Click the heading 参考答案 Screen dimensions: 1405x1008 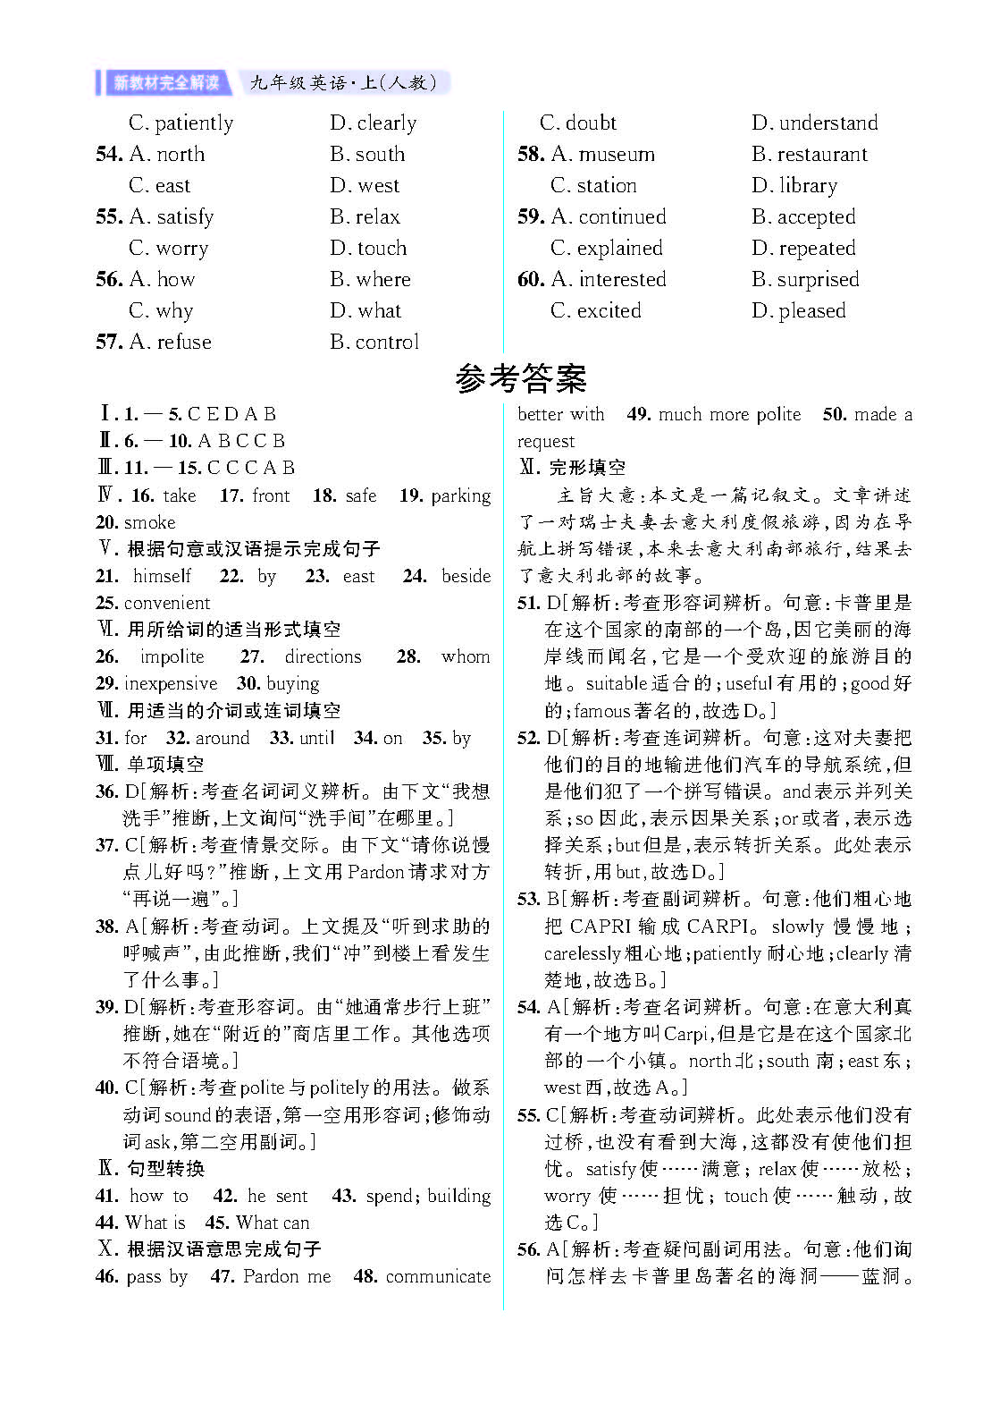point(521,379)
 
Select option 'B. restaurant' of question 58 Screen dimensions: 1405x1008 point(810,154)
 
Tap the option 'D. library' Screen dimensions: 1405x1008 point(794,185)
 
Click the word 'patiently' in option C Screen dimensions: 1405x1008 point(194,123)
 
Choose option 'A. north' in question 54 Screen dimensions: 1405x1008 point(167,154)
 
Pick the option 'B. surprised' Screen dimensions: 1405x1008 point(805,279)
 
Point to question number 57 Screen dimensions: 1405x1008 point(109,342)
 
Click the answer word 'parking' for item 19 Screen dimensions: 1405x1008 point(461,495)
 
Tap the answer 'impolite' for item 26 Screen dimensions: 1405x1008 point(172,656)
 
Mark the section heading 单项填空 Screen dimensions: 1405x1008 point(165,765)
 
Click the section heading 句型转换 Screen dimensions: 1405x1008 point(165,1168)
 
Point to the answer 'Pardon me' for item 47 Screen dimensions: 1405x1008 point(287,1276)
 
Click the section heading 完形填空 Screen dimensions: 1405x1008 point(587,468)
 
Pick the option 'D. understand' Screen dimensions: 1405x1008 point(815,123)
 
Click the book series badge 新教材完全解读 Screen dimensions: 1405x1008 point(165,83)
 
